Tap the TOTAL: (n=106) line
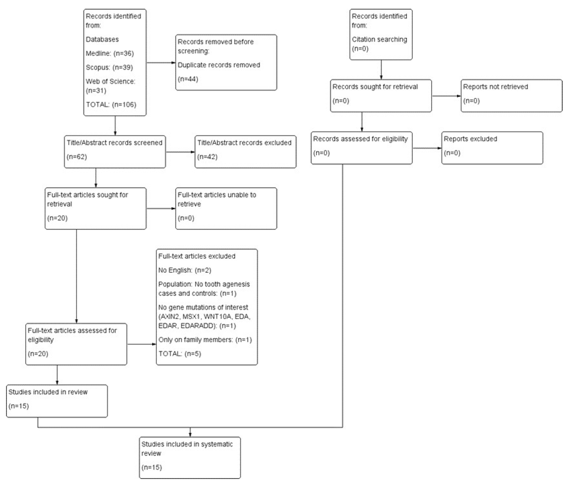tap(111, 105)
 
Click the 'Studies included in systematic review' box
tap(190, 457)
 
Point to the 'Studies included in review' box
tap(57, 400)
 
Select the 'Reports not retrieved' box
tap(511, 95)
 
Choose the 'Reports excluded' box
tap(492, 147)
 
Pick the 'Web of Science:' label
tap(111, 82)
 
